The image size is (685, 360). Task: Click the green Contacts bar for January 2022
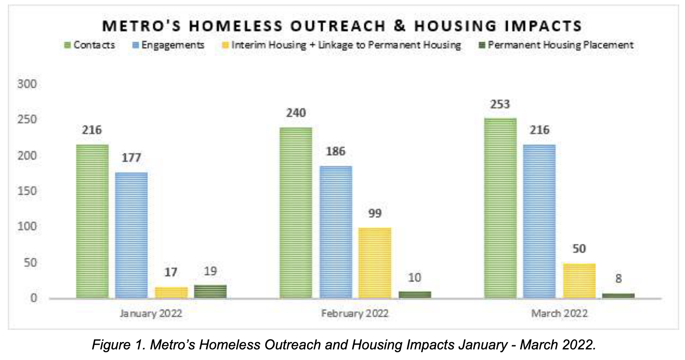[93, 221]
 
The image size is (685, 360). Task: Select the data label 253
[500, 105]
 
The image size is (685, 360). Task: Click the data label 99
[375, 214]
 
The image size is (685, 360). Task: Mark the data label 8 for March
[618, 279]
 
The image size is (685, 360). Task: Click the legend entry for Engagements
[166, 45]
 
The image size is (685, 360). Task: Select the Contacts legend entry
[90, 45]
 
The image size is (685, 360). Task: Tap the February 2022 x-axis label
[355, 314]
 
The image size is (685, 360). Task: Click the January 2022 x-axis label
[151, 314]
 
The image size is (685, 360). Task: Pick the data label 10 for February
[415, 278]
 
